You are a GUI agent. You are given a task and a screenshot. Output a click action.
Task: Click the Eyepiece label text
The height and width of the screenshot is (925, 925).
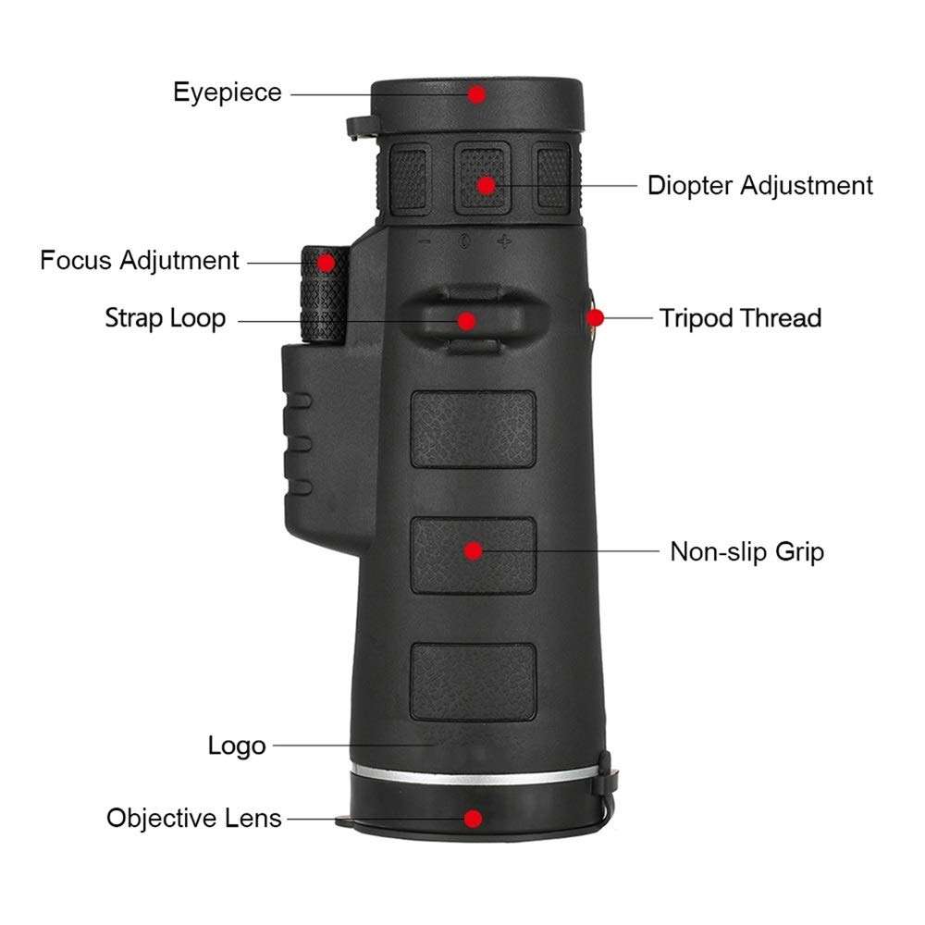pyautogui.click(x=228, y=92)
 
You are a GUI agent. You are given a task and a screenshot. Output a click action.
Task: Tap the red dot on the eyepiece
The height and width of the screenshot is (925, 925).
pyautogui.click(x=476, y=93)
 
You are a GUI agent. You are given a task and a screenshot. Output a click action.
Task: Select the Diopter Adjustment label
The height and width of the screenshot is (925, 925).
pyautogui.click(x=759, y=185)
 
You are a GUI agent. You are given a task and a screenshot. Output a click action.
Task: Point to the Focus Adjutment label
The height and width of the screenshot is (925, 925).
pyautogui.click(x=140, y=261)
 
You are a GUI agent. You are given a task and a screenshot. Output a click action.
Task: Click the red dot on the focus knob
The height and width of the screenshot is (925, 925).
pyautogui.click(x=326, y=262)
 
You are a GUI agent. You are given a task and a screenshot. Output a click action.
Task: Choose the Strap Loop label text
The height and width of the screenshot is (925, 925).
pyautogui.click(x=165, y=319)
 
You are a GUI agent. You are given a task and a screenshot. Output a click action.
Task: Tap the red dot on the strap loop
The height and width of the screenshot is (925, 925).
pyautogui.click(x=467, y=320)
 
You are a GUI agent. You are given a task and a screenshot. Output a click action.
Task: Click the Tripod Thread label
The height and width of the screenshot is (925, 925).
pyautogui.click(x=740, y=319)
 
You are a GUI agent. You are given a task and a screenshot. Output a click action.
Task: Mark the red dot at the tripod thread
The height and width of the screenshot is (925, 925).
pyautogui.click(x=596, y=318)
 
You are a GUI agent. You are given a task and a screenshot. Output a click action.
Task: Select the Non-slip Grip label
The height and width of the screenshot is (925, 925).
pyautogui.click(x=746, y=553)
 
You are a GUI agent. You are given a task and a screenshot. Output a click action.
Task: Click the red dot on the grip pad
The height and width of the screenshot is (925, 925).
pyautogui.click(x=474, y=551)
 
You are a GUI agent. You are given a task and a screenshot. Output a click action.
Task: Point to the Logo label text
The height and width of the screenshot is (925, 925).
pyautogui.click(x=237, y=746)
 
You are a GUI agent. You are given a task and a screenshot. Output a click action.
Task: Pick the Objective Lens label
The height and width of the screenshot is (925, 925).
pyautogui.click(x=193, y=819)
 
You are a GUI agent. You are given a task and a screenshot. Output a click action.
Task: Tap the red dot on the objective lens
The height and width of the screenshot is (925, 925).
pyautogui.click(x=474, y=819)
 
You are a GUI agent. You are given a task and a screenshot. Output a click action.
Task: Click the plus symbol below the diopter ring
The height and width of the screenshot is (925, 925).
pyautogui.click(x=504, y=242)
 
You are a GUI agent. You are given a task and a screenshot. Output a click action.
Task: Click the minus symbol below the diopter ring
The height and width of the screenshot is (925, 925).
pyautogui.click(x=425, y=242)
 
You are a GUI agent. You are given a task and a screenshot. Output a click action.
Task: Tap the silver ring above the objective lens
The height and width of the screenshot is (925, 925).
pyautogui.click(x=472, y=775)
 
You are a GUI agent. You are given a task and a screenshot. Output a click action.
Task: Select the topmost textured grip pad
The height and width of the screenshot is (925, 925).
pyautogui.click(x=474, y=428)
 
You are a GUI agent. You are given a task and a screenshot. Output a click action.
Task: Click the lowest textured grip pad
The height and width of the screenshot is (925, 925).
pyautogui.click(x=474, y=682)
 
